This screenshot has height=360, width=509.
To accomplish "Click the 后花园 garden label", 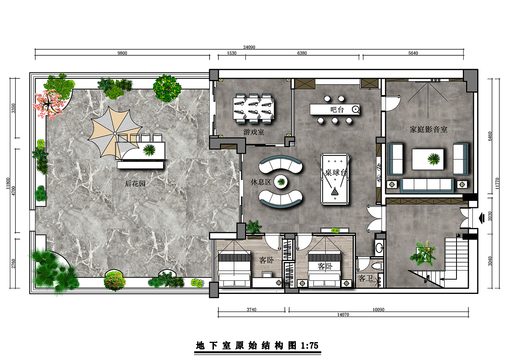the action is coord(135,184).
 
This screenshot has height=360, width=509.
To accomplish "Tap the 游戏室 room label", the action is coord(254,132).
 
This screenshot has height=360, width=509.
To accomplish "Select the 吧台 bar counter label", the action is coord(337,110).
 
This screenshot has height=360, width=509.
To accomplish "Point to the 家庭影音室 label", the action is coord(429,130).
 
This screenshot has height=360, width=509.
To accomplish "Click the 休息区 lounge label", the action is coord(261,182).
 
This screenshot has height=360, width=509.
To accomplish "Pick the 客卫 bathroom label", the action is coord(365,278).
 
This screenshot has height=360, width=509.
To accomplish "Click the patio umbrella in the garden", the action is coord(115,133).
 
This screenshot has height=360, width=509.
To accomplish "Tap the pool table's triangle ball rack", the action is coord(335,192).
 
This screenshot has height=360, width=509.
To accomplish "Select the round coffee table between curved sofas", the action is coord(281,182).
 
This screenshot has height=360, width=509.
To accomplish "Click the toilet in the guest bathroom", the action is coord(378,265).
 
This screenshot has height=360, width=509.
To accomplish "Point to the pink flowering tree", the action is coord(48,105).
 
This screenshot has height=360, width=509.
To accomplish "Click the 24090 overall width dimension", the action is coord(249,47).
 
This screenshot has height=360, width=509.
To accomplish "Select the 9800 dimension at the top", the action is coord(122,53).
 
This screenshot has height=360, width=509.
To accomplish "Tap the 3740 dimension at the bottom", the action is coord(252,309).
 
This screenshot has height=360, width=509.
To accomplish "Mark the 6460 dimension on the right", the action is coord(490,136).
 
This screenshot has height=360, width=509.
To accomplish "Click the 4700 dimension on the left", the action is coord(14,191).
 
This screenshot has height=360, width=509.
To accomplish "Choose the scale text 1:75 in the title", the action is coord(309,346).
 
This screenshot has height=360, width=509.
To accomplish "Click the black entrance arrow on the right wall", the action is coord(482,218).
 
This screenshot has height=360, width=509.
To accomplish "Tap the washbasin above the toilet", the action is coord(379,247).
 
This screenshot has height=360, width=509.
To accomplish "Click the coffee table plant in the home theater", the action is coord(433,159).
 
